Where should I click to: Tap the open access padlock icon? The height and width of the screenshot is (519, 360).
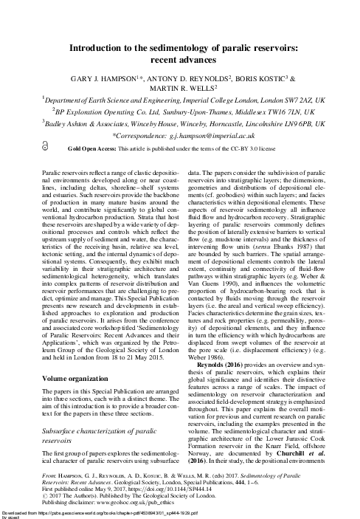pos(46,148)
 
